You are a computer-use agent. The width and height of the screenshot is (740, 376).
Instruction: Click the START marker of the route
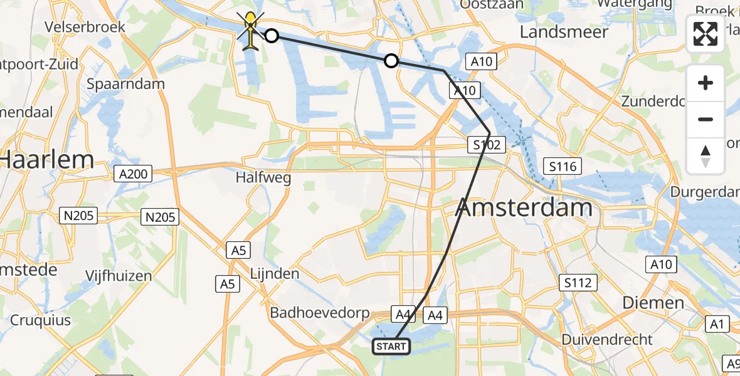[392, 346]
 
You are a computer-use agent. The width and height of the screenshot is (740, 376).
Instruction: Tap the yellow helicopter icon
[250, 31]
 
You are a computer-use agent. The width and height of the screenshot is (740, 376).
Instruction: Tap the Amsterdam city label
[525, 207]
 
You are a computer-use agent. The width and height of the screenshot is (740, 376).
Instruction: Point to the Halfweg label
[263, 178]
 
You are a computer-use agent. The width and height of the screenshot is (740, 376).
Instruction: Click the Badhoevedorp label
[319, 313]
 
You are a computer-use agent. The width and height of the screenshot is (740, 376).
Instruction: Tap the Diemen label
[653, 303]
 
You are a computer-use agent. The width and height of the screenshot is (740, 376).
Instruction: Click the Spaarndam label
[126, 84]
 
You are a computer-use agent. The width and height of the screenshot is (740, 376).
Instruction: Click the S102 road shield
[487, 145]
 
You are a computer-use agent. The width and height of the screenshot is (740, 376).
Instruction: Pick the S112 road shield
[577, 283]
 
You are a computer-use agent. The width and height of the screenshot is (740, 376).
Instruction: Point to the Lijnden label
[275, 274]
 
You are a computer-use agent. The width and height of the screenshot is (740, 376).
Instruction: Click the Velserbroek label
[85, 28]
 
